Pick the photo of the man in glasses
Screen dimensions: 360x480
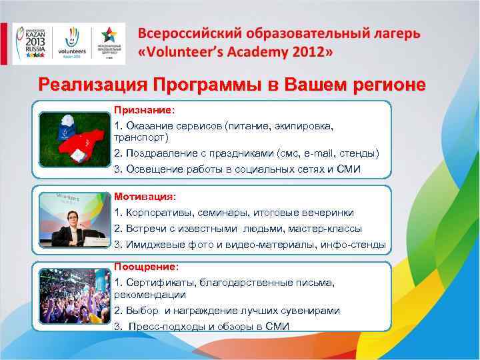pos(72,219)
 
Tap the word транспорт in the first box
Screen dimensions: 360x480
pos(142,137)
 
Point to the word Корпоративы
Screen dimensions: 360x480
pos(159,213)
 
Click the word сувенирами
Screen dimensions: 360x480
pos(305,311)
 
